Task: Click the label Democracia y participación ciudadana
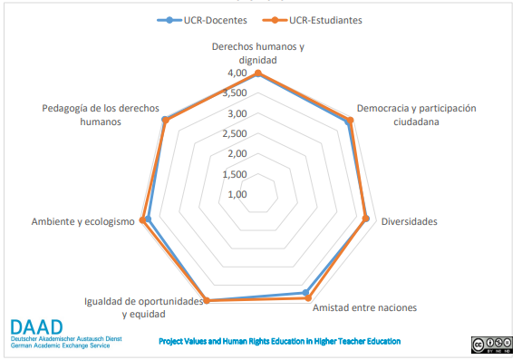point(416,114)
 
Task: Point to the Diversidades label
point(409,222)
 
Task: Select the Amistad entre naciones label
point(364,307)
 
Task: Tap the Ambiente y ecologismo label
point(82,222)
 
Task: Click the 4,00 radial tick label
point(237,73)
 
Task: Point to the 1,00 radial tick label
point(237,193)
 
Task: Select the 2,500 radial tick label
point(237,133)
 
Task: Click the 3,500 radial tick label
point(237,92)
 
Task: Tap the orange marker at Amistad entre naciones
point(307,297)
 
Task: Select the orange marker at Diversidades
point(366,218)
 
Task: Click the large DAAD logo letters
point(37,327)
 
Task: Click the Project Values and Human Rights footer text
point(279,342)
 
